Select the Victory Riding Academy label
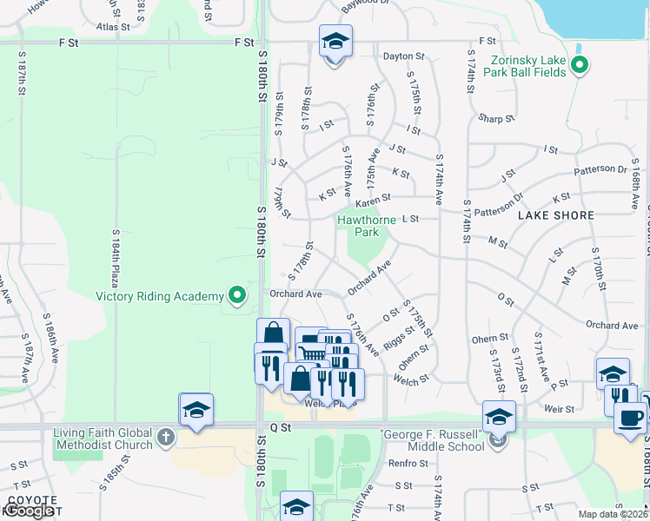point(159,296)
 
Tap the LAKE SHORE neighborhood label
point(556,214)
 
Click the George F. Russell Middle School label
point(432,439)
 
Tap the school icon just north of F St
point(335,42)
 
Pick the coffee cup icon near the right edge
point(630,417)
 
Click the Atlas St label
point(113,27)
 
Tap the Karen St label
point(373,197)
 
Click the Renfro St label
point(403,463)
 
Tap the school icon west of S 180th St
point(196,409)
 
